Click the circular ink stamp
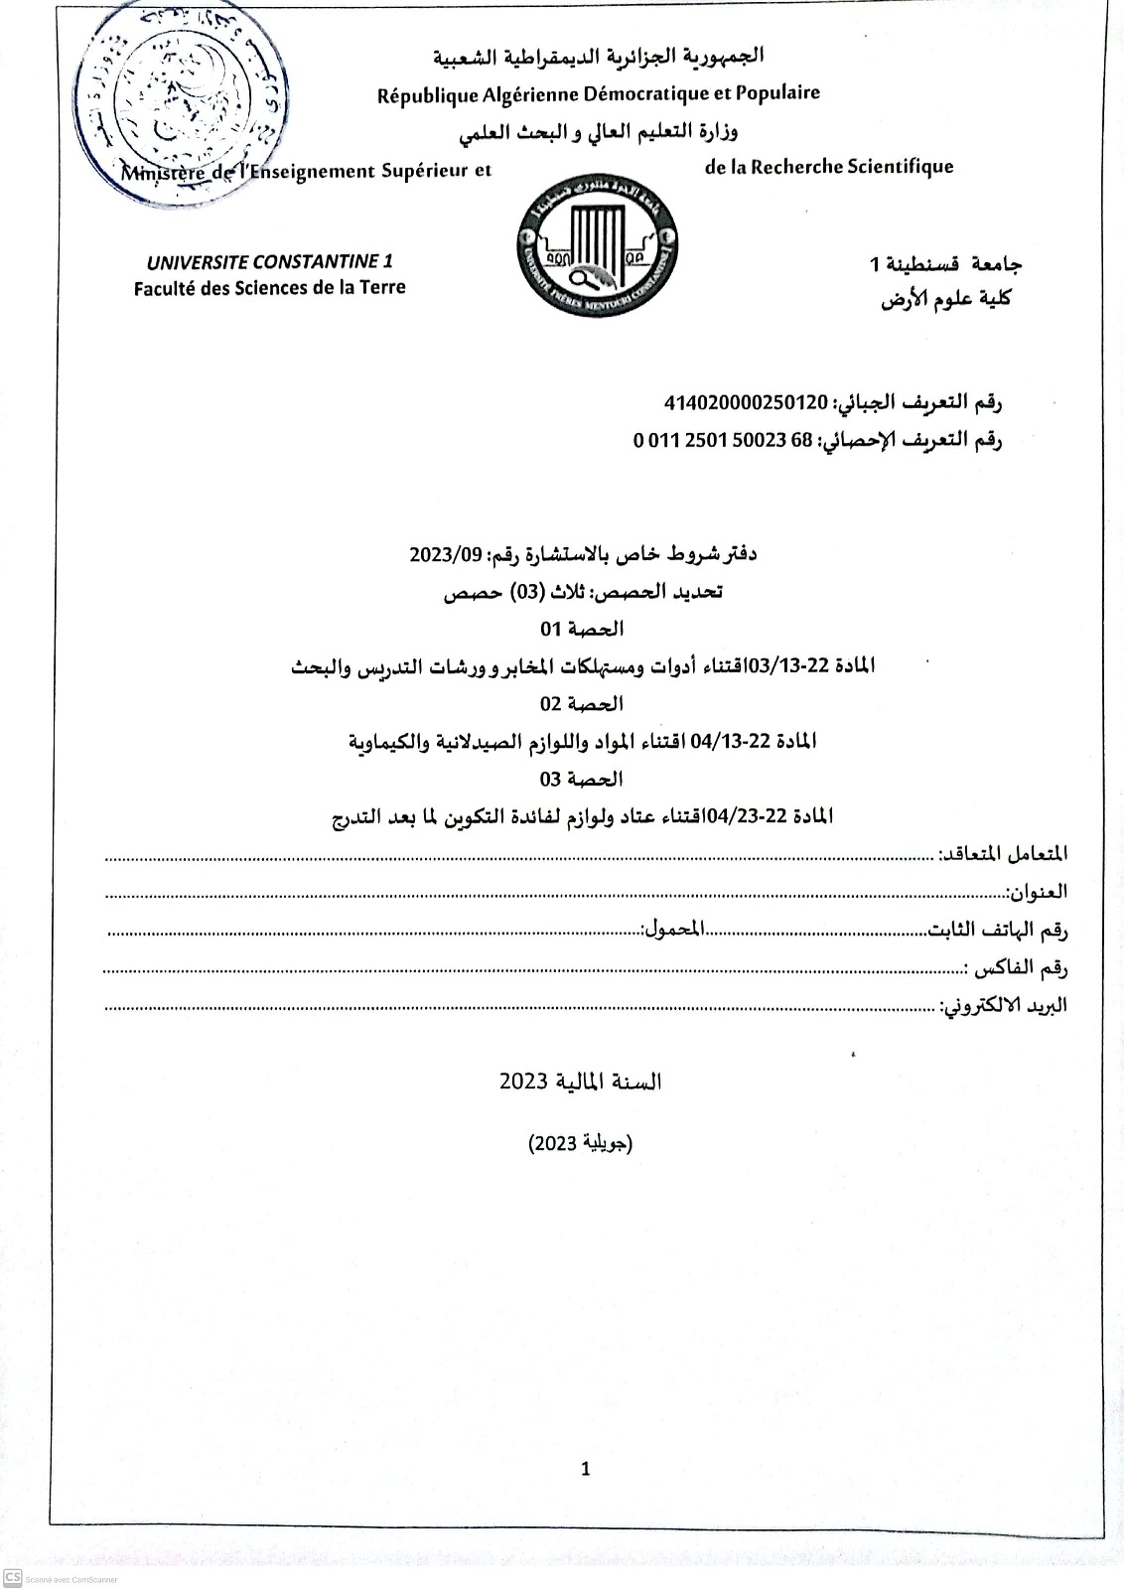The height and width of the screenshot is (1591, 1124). [185, 100]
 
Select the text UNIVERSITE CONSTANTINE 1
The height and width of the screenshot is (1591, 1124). [270, 262]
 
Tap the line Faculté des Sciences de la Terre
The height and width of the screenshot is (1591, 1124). [270, 288]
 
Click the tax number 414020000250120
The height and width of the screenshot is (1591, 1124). [746, 402]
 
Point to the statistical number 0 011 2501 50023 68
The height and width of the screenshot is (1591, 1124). [723, 440]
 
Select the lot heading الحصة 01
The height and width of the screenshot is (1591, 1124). [583, 629]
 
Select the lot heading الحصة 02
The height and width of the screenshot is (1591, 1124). [583, 704]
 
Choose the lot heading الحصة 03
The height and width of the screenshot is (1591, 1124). [583, 779]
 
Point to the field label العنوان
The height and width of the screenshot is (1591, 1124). [1037, 892]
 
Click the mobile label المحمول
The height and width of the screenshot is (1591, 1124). [673, 930]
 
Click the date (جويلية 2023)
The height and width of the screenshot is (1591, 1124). [581, 1143]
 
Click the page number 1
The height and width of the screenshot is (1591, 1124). [585, 1469]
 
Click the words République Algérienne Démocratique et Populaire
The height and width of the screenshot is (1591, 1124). [599, 93]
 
